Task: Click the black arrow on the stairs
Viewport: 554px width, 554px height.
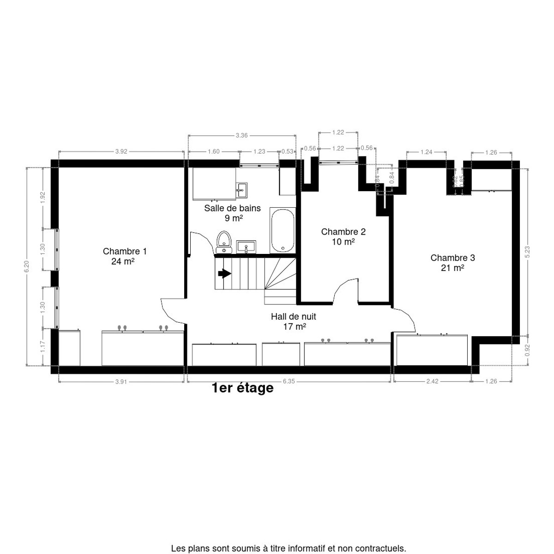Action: click(x=224, y=274)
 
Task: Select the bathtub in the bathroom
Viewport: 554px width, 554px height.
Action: click(x=282, y=230)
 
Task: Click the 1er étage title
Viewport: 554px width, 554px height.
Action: click(x=242, y=388)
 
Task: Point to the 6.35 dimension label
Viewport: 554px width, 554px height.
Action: click(x=289, y=381)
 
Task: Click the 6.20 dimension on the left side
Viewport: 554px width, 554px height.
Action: click(x=27, y=267)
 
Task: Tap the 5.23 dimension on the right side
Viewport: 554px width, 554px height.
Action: click(x=528, y=251)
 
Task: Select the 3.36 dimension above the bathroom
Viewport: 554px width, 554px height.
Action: click(x=241, y=135)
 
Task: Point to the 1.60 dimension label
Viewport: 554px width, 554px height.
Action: click(x=213, y=151)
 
